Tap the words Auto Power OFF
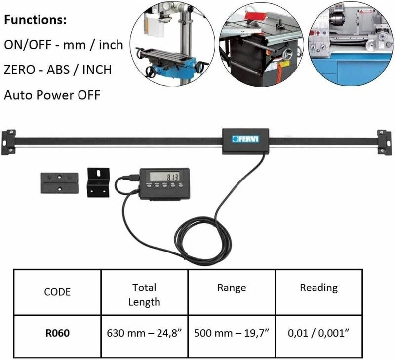pyautogui.click(x=52, y=94)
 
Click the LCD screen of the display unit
pyautogui.click(x=165, y=177)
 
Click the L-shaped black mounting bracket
pyautogui.click(x=99, y=182)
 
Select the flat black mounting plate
pyautogui.click(x=59, y=183)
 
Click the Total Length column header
pyautogui.click(x=144, y=294)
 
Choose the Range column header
pyautogui.click(x=231, y=288)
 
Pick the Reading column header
pyautogui.click(x=318, y=288)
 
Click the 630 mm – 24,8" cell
pyautogui.click(x=144, y=333)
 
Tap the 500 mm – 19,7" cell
pyautogui.click(x=231, y=333)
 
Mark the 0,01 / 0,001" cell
pyautogui.click(x=318, y=333)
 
